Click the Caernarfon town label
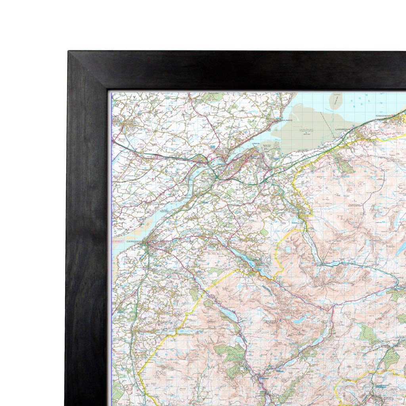(134, 240)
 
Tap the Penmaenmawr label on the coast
(384, 116)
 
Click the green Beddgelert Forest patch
(232, 355)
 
